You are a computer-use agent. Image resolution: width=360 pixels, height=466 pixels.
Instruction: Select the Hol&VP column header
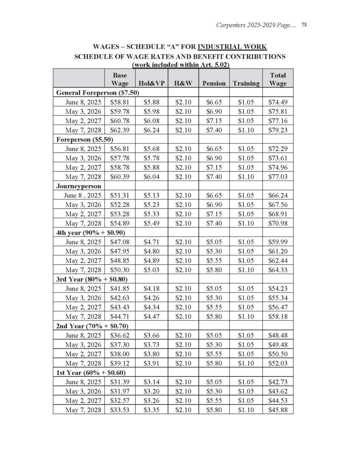pos(152,83)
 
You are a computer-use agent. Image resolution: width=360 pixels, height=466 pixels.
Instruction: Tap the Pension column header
pos(213,83)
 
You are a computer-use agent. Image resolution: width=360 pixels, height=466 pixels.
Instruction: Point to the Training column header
pos(246,83)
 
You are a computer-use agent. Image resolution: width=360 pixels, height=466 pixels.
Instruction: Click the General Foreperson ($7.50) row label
pos(97,93)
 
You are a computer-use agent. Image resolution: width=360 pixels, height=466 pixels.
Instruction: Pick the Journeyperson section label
pos(79,186)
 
